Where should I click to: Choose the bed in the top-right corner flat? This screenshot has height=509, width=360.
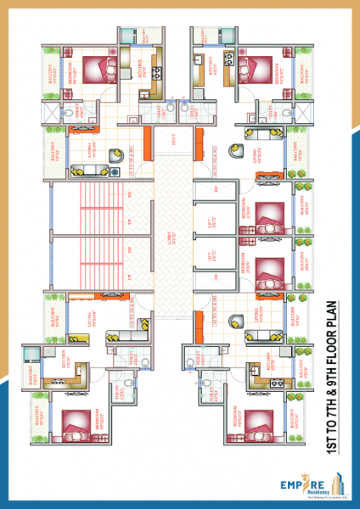point(257,67)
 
